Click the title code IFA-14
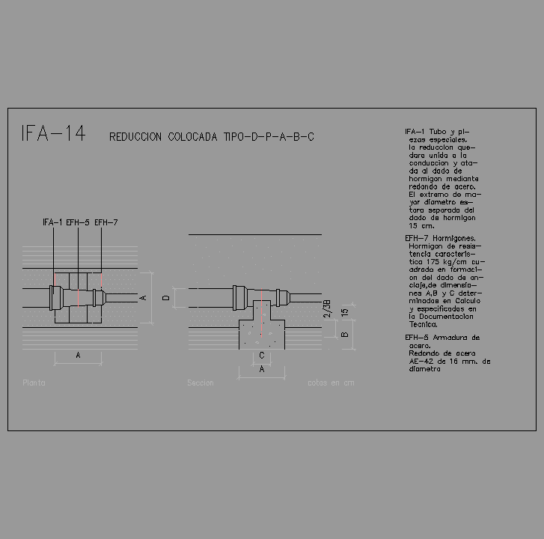tap(53, 134)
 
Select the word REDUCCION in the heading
tap(136, 137)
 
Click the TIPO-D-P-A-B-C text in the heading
tap(269, 137)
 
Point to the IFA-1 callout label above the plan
tap(52, 222)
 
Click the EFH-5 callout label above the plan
tap(78, 222)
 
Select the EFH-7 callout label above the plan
tap(106, 222)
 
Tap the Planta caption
tap(34, 383)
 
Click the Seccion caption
tap(200, 383)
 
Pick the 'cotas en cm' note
tap(330, 383)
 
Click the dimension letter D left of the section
tap(167, 298)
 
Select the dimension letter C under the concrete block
tap(261, 355)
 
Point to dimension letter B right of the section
tap(344, 335)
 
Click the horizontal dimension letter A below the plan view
tap(78, 356)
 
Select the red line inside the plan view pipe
tap(78, 297)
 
